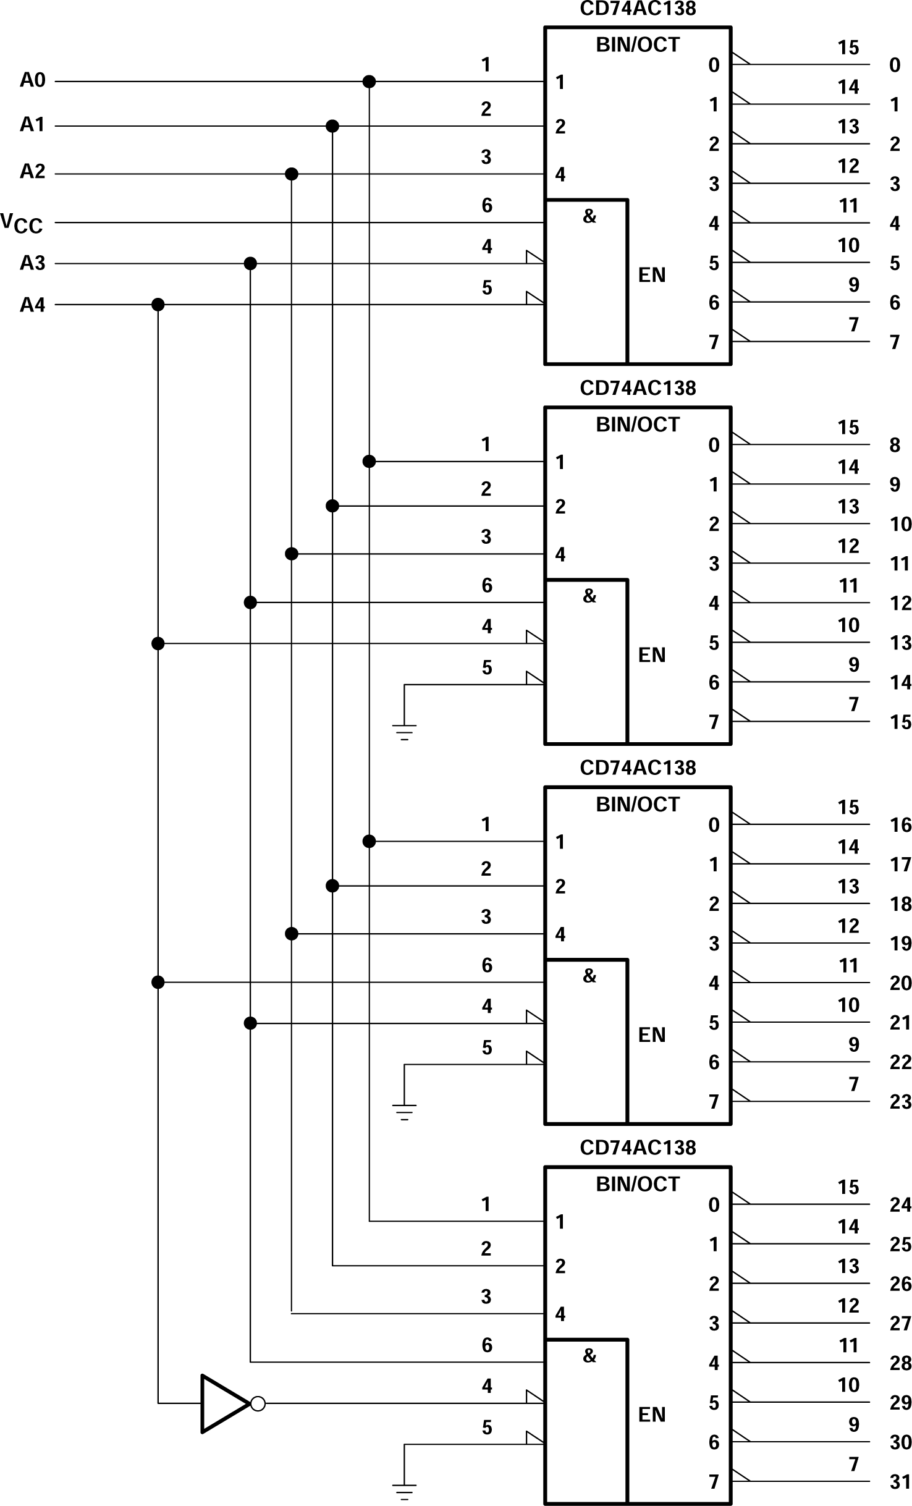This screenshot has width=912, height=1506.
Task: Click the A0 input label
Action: pos(33,80)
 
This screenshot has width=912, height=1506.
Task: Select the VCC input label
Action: pos(22,223)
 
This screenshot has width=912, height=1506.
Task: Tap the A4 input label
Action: pos(33,305)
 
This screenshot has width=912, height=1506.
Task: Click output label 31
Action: pos(900,1481)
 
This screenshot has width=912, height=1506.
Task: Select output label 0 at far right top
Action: pos(895,65)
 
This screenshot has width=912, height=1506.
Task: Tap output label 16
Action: pos(900,825)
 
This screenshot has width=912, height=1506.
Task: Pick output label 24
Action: pos(900,1204)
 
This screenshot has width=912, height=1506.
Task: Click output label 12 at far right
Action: pos(900,603)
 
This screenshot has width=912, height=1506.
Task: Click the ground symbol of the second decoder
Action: pos(404,732)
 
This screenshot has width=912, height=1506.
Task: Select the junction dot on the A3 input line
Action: pos(250,264)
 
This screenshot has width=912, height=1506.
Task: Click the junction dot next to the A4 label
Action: pos(158,305)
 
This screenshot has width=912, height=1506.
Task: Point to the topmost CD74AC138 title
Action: pos(638,9)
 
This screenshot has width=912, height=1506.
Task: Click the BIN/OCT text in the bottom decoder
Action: pos(638,1184)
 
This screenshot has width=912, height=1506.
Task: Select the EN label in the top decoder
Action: pos(652,274)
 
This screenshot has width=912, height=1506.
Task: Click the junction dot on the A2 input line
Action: pos(292,174)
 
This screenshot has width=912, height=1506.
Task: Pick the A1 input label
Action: pos(33,125)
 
